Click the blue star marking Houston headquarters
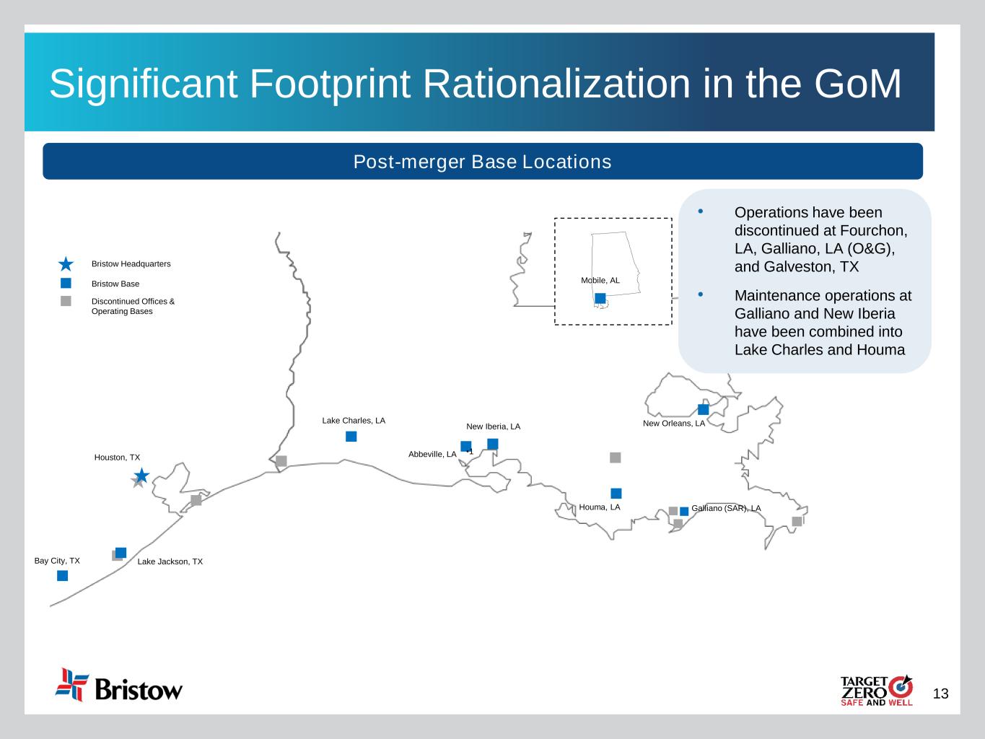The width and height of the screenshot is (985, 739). (142, 475)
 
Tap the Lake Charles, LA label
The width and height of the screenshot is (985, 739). (354, 421)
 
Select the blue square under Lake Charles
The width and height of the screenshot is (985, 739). (351, 436)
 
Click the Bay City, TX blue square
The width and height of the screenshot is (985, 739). (62, 575)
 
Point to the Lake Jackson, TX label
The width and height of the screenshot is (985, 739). (170, 561)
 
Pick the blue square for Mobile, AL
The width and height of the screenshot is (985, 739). (600, 298)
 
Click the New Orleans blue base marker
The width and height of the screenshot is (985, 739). (703, 409)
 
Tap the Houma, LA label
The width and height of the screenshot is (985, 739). (600, 507)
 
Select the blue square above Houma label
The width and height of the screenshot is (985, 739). (616, 494)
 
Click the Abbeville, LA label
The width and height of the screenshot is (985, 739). (432, 454)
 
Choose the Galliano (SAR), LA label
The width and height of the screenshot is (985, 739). (726, 508)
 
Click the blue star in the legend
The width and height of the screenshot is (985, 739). (66, 264)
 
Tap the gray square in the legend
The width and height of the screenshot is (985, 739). (66, 301)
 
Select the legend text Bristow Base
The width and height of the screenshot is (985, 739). (115, 284)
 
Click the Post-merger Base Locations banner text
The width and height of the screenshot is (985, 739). (483, 162)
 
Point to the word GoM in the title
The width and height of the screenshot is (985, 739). (857, 84)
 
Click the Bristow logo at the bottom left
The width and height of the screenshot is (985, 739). (119, 685)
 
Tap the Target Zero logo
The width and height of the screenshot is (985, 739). (877, 691)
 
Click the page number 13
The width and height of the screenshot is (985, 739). (940, 694)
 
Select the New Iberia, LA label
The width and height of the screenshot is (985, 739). (493, 427)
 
